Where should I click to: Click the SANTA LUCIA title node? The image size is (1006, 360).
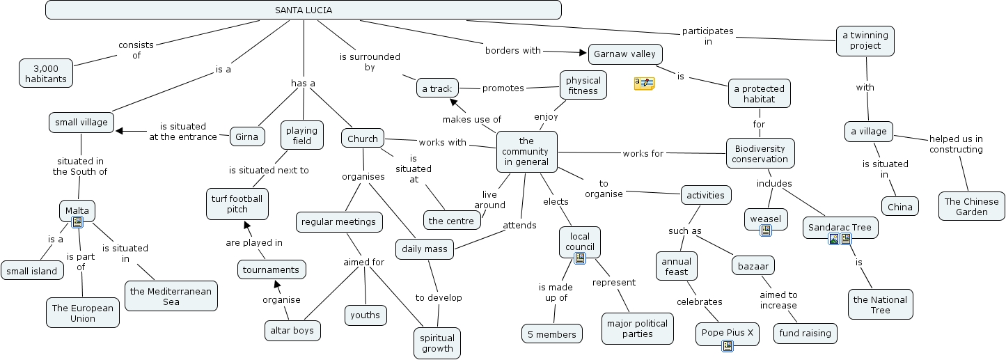tap(303, 10)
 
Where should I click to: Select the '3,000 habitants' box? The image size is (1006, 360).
tap(46, 73)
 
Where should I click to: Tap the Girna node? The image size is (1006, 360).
tap(246, 136)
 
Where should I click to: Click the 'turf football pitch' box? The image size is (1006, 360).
tap(237, 203)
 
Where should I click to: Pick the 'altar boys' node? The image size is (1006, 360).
tap(292, 330)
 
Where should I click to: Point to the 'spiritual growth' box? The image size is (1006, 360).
tap(437, 343)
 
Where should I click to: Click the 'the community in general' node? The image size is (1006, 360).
tap(526, 151)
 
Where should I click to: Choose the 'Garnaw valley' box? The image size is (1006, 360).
tap(625, 54)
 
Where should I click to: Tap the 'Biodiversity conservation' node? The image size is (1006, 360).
tap(760, 153)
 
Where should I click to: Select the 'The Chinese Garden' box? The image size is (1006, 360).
tap(971, 206)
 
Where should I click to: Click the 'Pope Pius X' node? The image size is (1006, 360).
tap(726, 334)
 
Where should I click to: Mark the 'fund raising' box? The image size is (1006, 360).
tap(805, 334)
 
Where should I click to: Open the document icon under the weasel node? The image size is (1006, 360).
tap(766, 230)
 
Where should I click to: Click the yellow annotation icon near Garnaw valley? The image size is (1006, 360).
tap(644, 84)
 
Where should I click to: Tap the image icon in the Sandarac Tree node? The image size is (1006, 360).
tap(833, 239)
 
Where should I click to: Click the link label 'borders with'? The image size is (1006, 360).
tap(512, 50)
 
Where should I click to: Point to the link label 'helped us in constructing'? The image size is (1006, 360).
tap(956, 144)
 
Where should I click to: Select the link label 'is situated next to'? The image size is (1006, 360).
tap(269, 169)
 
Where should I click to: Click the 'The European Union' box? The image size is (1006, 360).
tap(83, 313)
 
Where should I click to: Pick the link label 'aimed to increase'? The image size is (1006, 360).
tap(778, 300)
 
